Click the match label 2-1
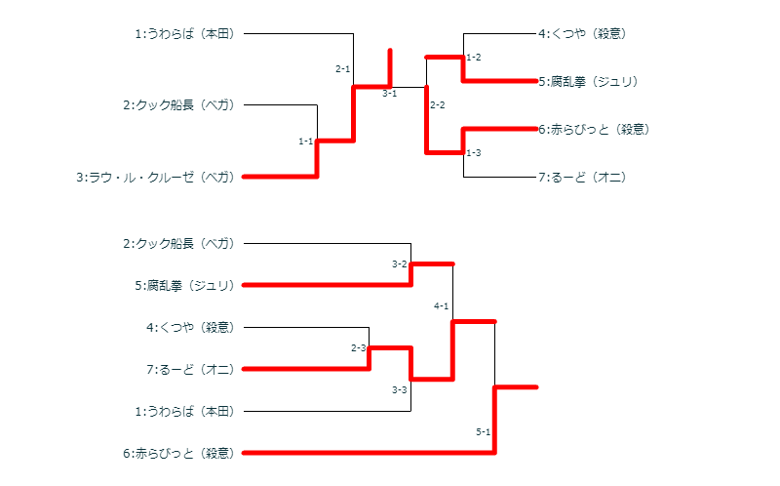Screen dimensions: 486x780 pyautogui.click(x=342, y=69)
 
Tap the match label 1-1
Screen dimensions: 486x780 pyautogui.click(x=305, y=142)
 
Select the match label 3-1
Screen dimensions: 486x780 pyautogui.click(x=389, y=94)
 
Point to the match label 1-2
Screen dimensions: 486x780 pyautogui.click(x=474, y=58)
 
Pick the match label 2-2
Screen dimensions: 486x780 pyautogui.click(x=437, y=105)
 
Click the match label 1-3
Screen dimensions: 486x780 pyautogui.click(x=474, y=153)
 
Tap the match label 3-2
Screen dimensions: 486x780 pyautogui.click(x=399, y=264)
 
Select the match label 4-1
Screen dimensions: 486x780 pyautogui.click(x=441, y=306)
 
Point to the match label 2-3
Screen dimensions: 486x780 pyautogui.click(x=358, y=348)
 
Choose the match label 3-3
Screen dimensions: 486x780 pyautogui.click(x=399, y=390)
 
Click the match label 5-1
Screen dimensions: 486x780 pyautogui.click(x=483, y=432)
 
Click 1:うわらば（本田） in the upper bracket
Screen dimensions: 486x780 pyautogui.click(x=184, y=34)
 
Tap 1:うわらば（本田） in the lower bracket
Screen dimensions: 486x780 pyautogui.click(x=184, y=412)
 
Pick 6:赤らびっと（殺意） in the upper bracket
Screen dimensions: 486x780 pyautogui.click(x=594, y=129)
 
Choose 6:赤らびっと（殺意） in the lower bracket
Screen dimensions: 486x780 pyautogui.click(x=178, y=454)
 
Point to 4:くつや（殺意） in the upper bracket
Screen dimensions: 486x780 pyautogui.click(x=582, y=34)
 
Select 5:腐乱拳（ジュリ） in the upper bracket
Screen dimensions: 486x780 pyautogui.click(x=588, y=82)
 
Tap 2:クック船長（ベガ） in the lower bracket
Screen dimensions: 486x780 pyautogui.click(x=178, y=244)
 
